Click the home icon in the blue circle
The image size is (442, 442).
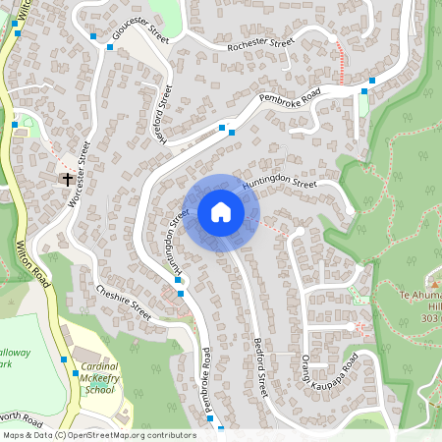pyautogui.click(x=221, y=211)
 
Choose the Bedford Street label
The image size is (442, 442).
pyautogui.click(x=260, y=363)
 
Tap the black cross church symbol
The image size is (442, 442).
pyautogui.click(x=68, y=179)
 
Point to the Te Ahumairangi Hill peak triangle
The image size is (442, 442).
pyautogui.click(x=434, y=283)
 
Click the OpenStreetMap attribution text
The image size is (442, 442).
pyautogui.click(x=98, y=434)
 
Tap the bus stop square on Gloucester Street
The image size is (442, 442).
pyautogui.click(x=93, y=36)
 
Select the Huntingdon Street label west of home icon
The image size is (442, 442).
pyautogui.click(x=175, y=241)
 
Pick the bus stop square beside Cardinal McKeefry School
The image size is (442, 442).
pyautogui.click(x=64, y=359)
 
